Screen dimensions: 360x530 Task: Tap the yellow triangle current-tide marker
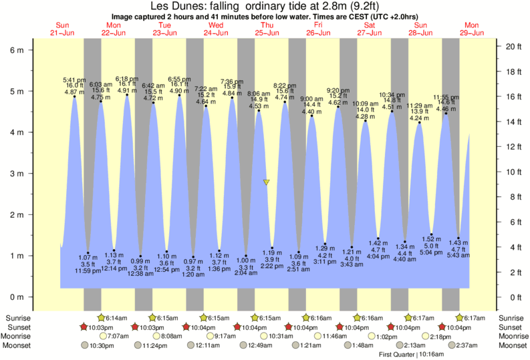coord(266,182)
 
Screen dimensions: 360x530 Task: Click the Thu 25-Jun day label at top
coord(267,29)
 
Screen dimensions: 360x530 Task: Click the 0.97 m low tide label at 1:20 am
coord(194,266)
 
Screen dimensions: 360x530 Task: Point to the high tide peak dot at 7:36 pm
coord(232,98)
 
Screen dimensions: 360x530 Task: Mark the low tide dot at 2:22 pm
coord(272,248)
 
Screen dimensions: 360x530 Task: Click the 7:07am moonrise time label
coord(117,336)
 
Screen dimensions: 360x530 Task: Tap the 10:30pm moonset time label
coord(100,345)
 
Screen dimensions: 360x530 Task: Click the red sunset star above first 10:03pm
coord(84,327)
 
